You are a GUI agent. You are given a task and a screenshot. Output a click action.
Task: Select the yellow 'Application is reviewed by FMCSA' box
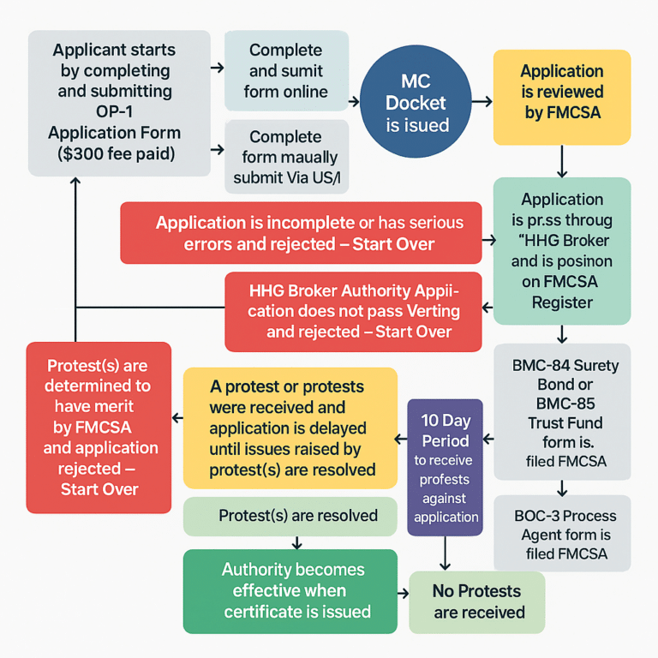[x=562, y=93]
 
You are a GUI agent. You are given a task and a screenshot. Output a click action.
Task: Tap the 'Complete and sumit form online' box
[x=285, y=70]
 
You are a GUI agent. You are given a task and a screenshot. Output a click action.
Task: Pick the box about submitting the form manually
[x=285, y=158]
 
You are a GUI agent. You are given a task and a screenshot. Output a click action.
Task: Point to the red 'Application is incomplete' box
[x=308, y=233]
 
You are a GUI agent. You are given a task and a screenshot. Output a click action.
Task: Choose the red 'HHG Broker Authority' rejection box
[x=353, y=311]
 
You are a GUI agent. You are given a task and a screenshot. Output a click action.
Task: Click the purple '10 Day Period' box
[x=445, y=466]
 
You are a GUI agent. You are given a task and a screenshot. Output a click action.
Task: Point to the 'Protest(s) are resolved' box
[x=290, y=516]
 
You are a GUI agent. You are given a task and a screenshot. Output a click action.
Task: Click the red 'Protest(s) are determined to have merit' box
[x=99, y=427]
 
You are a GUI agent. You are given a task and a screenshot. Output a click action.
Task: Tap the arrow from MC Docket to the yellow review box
[x=482, y=102]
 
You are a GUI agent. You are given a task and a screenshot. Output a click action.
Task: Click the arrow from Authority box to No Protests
[x=404, y=592]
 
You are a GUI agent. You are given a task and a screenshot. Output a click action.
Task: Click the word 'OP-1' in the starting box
[x=114, y=112]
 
